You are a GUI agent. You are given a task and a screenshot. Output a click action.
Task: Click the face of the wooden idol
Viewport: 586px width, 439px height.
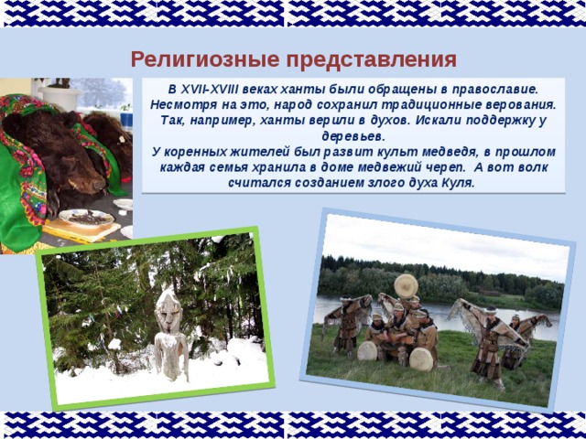pos(168,313)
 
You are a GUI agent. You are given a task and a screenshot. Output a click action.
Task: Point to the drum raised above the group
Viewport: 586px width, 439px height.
pos(406,286)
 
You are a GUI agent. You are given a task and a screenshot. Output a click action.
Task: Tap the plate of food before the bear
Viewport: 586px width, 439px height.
pos(87,218)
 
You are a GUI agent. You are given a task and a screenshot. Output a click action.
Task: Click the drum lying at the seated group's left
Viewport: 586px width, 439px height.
pos(367,351)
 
